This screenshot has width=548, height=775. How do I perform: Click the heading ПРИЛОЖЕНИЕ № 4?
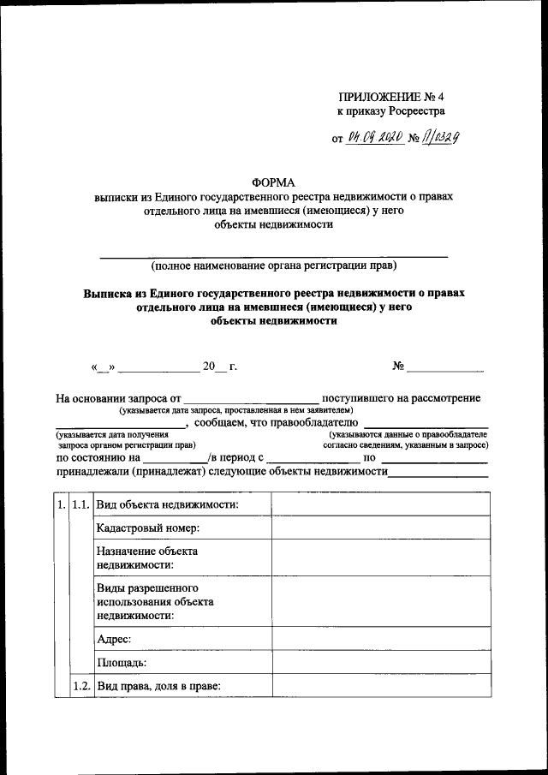387,96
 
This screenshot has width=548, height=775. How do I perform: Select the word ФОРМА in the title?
273,182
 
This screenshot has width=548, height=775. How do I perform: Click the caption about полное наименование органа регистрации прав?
274,265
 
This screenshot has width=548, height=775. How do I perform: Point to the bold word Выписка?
107,293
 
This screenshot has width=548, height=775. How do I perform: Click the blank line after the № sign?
444,368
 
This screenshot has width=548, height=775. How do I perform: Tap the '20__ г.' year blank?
219,368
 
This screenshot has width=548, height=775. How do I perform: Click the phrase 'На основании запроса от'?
118,399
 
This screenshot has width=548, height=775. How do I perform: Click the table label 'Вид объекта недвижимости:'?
167,504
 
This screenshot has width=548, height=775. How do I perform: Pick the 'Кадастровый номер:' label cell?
147,528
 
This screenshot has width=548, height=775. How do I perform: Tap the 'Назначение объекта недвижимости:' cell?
147,558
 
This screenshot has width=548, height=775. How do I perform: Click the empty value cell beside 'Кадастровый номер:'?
380,528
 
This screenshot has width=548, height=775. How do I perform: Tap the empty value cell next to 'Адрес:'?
380,639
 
